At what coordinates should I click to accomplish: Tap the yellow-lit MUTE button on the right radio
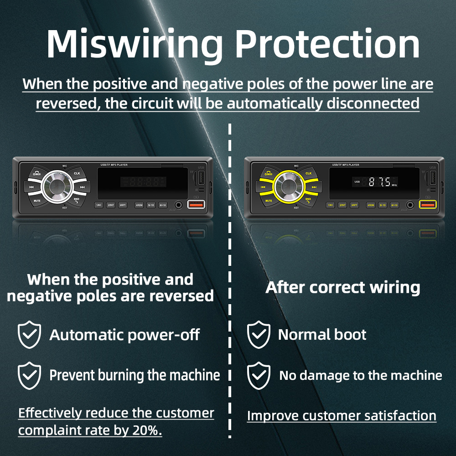click(269, 200)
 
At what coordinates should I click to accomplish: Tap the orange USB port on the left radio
click(196, 205)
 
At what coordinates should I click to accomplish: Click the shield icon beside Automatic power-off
click(30, 335)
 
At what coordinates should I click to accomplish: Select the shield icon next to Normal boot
click(259, 335)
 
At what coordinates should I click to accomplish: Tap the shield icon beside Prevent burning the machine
click(30, 375)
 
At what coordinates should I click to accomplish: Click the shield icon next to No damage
click(259, 375)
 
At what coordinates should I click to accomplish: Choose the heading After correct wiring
click(343, 288)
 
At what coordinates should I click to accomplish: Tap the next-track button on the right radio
click(314, 187)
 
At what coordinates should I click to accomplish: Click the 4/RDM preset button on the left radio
click(139, 205)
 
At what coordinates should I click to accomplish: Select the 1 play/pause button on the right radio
click(331, 205)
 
